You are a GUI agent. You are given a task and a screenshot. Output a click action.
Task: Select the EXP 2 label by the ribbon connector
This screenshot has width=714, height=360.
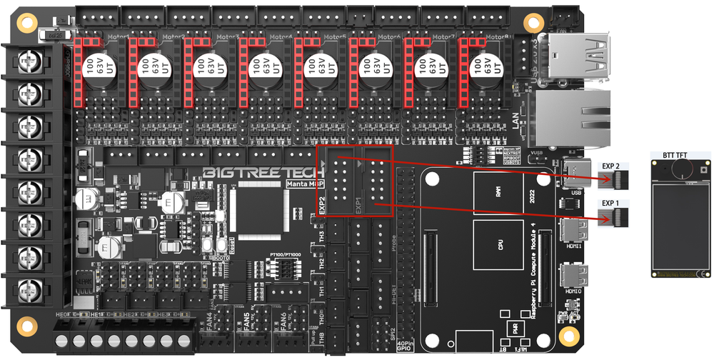click(613, 166)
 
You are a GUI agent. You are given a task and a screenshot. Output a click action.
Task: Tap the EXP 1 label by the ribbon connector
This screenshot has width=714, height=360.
click(613, 204)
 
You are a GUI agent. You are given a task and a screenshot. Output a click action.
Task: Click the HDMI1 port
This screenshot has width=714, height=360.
click(573, 229)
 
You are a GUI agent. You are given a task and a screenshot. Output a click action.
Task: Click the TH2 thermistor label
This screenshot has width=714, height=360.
click(322, 264)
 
